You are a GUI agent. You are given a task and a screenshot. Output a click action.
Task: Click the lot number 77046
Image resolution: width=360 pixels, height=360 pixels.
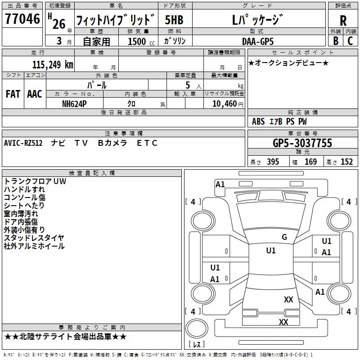pos(22,18)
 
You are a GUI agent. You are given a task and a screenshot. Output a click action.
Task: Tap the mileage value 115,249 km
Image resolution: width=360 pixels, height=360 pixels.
pos(53,65)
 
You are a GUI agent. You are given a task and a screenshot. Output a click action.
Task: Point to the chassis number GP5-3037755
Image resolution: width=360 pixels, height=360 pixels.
pos(302,143)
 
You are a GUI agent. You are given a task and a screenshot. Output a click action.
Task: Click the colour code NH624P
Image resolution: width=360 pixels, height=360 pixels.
pos(74,104)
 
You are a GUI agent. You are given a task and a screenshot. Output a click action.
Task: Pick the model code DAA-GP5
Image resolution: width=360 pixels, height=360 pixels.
pos(257,41)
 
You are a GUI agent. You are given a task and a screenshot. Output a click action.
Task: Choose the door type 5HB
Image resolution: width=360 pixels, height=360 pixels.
pos(174,20)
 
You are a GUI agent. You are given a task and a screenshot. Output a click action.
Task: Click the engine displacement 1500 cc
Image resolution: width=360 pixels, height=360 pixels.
pos(141,41)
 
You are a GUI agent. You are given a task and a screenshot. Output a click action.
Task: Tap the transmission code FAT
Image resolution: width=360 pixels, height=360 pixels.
pos(13,94)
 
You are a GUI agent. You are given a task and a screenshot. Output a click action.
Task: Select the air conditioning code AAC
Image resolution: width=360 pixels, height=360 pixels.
pos(35,94)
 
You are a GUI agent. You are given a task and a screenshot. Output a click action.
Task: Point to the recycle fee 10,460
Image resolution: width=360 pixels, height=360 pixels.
pos(224,104)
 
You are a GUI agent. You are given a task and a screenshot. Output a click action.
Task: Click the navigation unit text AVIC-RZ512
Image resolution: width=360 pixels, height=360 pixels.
pos(23,143)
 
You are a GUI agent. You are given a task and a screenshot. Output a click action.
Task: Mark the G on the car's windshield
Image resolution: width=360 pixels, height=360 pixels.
pos(284,237)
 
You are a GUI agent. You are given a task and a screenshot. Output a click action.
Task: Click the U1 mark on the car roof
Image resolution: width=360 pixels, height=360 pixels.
pos(271,251)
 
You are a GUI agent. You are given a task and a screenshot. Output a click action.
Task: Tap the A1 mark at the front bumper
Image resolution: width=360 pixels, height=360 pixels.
pos(220,184)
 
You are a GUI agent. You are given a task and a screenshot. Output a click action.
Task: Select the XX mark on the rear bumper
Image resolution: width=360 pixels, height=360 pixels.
pos(283,322)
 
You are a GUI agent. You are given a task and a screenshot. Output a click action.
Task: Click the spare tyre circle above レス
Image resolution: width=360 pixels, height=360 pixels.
pos(197,328)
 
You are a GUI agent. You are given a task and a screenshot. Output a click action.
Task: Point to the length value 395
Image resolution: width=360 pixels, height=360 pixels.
pos(273,162)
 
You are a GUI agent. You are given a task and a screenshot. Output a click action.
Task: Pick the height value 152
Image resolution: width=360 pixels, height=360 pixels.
pos(346,162)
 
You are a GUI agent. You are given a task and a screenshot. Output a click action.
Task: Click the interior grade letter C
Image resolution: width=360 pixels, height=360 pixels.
pos(350,40)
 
